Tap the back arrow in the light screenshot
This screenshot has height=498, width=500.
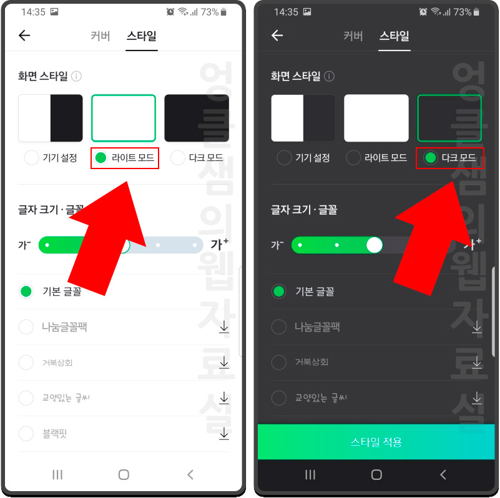coord(24,36)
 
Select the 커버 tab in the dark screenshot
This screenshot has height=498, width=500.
coord(353,36)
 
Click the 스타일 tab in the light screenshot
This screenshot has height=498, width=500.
coord(142,36)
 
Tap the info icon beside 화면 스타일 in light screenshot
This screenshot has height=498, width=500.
coord(77,76)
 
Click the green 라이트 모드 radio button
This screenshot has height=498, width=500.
coord(100,158)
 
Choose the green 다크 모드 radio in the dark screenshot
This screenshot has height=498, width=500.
coord(430,158)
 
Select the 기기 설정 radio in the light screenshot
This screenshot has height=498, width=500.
coord(31,158)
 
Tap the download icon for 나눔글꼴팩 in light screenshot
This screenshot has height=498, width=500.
coord(224,327)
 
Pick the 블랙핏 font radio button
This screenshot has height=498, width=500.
coord(26,433)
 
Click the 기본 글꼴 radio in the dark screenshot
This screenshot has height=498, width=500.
coord(279,291)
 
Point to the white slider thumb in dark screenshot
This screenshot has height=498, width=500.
coord(374,245)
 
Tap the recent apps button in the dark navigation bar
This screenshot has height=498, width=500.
coord(310,475)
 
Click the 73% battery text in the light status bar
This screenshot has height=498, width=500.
coord(210,12)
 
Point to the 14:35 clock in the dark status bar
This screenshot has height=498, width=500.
coord(285,12)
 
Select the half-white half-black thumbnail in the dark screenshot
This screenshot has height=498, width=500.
coord(303,118)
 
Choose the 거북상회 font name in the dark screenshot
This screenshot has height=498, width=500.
coord(311,362)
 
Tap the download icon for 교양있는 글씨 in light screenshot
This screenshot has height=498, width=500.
coord(224,398)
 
